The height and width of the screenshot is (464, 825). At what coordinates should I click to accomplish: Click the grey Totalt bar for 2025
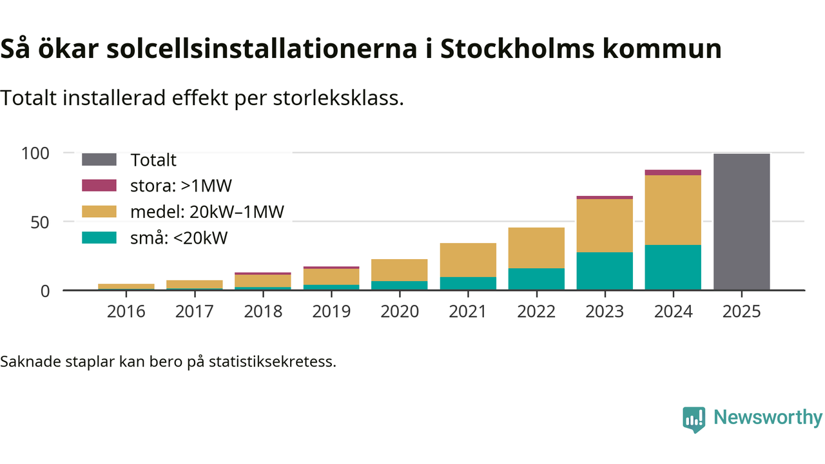741,222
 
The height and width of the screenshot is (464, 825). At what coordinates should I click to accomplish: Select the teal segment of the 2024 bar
673,267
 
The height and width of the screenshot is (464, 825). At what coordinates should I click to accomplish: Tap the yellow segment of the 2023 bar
605,226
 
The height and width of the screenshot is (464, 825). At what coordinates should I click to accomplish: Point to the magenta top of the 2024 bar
673,173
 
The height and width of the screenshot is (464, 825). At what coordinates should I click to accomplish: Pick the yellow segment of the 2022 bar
536,248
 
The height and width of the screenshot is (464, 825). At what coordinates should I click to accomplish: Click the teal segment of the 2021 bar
468,284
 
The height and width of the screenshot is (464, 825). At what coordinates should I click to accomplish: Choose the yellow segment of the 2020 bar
400,270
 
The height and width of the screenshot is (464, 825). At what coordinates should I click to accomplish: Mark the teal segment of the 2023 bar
605,271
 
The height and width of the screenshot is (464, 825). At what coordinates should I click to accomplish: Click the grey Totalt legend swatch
99,160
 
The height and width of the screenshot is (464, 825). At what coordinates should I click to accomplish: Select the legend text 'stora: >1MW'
180,186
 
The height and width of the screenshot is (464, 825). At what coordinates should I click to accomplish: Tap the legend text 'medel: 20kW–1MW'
207,212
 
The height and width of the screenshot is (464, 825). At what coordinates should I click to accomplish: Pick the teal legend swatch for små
99,238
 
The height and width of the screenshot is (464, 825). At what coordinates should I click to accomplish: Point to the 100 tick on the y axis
35,153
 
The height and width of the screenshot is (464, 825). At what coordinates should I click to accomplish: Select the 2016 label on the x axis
126,312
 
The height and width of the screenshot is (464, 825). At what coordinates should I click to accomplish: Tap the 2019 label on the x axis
331,312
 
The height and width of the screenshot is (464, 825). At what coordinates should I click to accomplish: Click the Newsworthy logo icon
694,419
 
